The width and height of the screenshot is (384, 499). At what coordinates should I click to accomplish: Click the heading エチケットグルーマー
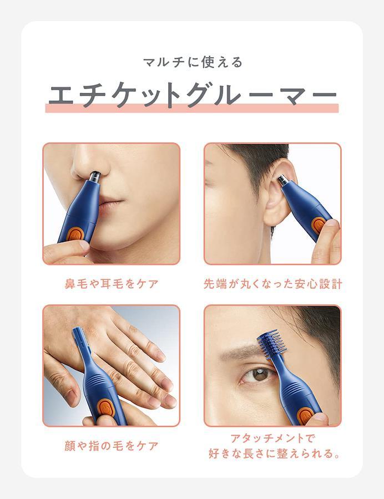(x=192, y=94)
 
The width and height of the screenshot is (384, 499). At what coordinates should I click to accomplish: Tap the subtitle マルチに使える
(x=193, y=62)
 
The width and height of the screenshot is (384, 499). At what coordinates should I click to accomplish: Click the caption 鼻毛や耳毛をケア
(x=112, y=283)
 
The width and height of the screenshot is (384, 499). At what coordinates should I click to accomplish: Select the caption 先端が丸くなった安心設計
(x=272, y=283)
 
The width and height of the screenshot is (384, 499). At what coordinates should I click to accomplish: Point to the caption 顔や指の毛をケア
(x=112, y=446)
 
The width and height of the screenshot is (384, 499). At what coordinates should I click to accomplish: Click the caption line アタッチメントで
(x=272, y=438)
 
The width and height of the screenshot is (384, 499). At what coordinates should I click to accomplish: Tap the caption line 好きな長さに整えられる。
(x=274, y=453)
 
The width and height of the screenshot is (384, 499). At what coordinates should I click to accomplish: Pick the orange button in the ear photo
(x=318, y=225)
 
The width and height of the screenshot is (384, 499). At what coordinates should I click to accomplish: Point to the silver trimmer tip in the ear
(x=283, y=181)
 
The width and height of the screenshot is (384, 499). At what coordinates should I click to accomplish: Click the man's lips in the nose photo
(x=110, y=203)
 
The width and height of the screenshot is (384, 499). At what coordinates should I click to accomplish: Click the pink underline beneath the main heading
(x=192, y=108)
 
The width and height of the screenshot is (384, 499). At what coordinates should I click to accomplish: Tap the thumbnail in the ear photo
(x=331, y=224)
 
